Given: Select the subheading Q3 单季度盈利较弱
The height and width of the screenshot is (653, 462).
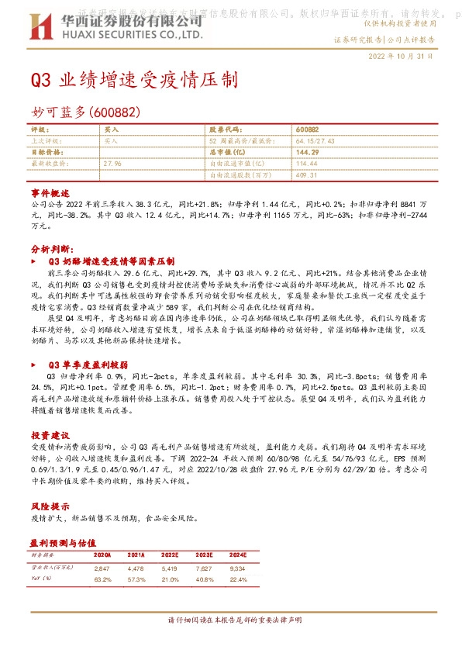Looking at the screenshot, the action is [88, 364].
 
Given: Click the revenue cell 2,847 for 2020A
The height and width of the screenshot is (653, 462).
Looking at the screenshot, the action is [102, 568].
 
